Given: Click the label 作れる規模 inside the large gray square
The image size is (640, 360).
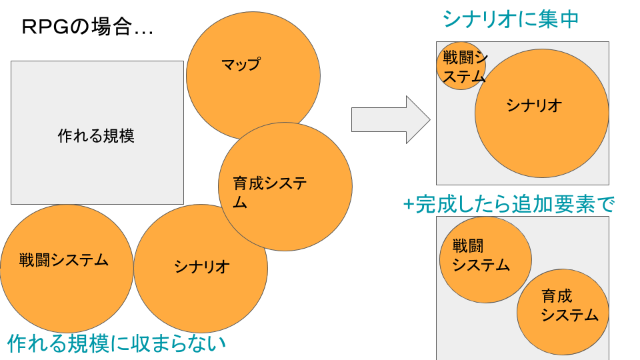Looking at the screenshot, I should [x=96, y=136].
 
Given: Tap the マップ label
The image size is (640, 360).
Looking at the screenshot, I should [x=241, y=64].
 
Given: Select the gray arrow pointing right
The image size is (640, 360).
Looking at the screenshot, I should [x=390, y=119].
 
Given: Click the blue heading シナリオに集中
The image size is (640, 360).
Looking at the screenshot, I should [x=510, y=19].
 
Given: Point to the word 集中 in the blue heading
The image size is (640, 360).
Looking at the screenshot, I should [x=561, y=19].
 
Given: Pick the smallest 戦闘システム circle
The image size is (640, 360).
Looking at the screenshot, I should [x=460, y=65].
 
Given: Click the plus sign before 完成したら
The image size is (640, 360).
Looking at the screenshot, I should [x=409, y=204].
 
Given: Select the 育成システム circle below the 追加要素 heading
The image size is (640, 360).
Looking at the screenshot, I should [x=562, y=312].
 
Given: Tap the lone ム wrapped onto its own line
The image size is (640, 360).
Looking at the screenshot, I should [x=240, y=203].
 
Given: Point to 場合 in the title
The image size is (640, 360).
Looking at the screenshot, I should [x=111, y=27].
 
